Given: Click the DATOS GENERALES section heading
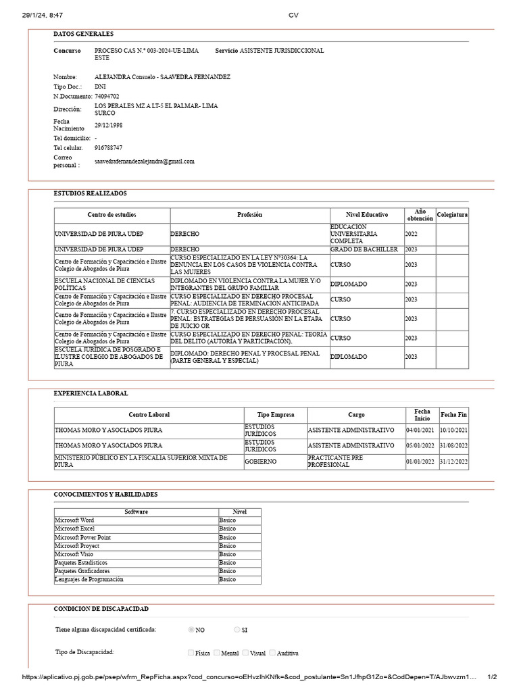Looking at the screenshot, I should click(83, 34).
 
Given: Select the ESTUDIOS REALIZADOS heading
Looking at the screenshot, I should click(90, 193).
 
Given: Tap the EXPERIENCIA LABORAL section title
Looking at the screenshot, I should click(91, 393).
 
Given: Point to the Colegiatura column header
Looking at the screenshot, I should click(452, 215).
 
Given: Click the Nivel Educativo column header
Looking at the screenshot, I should click(367, 215).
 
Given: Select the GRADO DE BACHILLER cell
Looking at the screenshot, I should click(364, 249).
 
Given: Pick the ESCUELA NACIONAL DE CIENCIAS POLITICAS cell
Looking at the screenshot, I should click(105, 285).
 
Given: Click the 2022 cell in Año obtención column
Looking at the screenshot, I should click(411, 234).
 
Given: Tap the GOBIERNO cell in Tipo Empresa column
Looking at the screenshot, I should click(259, 462).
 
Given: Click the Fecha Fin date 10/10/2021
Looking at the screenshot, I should click(453, 430).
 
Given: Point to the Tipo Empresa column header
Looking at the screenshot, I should click(276, 414).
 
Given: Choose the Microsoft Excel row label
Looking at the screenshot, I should click(74, 528).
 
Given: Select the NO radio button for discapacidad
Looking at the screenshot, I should click(192, 629).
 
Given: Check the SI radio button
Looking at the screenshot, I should click(237, 629).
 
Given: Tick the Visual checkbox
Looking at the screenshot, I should click(247, 653).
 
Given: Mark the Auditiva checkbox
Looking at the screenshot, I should click(273, 653).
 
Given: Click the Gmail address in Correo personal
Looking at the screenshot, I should click(144, 162).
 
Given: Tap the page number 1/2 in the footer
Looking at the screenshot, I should click(492, 677).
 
